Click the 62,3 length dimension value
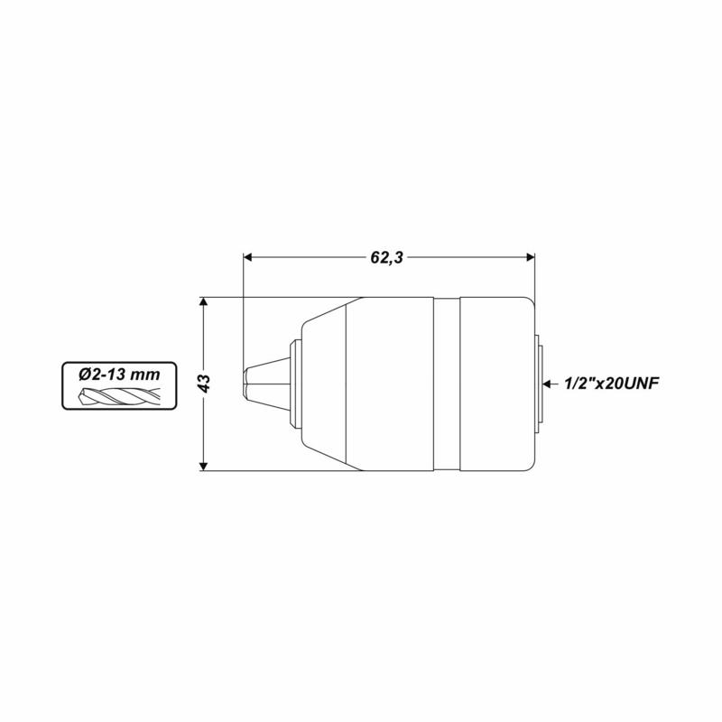pos(387,257)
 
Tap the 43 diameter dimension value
pos(205,384)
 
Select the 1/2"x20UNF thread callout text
pos(611,383)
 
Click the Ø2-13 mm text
pos(119,375)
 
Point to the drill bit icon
pos(120,396)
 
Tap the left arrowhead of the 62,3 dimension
pos(248,257)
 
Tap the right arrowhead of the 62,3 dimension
pos(530,257)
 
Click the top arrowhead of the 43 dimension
pos(203,302)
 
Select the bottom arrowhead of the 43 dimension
pos(203,466)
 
